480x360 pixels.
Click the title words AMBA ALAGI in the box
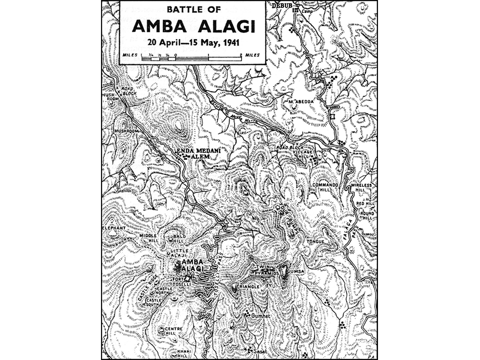tap(192, 26)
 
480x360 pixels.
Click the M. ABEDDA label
tap(301, 101)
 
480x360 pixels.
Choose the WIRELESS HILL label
tap(363, 188)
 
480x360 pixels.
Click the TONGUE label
tap(316, 242)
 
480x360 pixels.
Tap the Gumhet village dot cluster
tap(246, 314)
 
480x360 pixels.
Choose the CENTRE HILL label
tap(172, 330)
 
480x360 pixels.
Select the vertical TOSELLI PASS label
tap(216, 260)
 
